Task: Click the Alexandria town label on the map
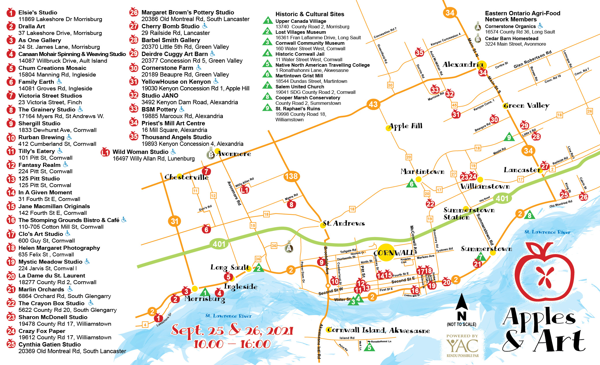click(x=462, y=65)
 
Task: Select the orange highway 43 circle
click(x=373, y=104)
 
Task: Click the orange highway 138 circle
click(x=291, y=176)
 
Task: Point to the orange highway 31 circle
click(x=174, y=221)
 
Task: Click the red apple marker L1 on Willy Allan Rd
click(x=245, y=190)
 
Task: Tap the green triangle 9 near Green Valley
click(x=509, y=137)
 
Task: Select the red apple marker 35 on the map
click(x=419, y=53)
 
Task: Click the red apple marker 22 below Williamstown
click(x=430, y=204)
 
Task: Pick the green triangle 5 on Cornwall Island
click(x=369, y=347)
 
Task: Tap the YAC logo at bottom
click(x=462, y=346)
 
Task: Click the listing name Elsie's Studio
click(x=38, y=12)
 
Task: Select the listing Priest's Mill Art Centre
click(x=173, y=123)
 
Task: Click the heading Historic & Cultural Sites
click(x=310, y=14)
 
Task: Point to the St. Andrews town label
click(x=343, y=223)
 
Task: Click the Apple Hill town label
click(x=405, y=126)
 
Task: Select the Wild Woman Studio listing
click(x=140, y=152)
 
